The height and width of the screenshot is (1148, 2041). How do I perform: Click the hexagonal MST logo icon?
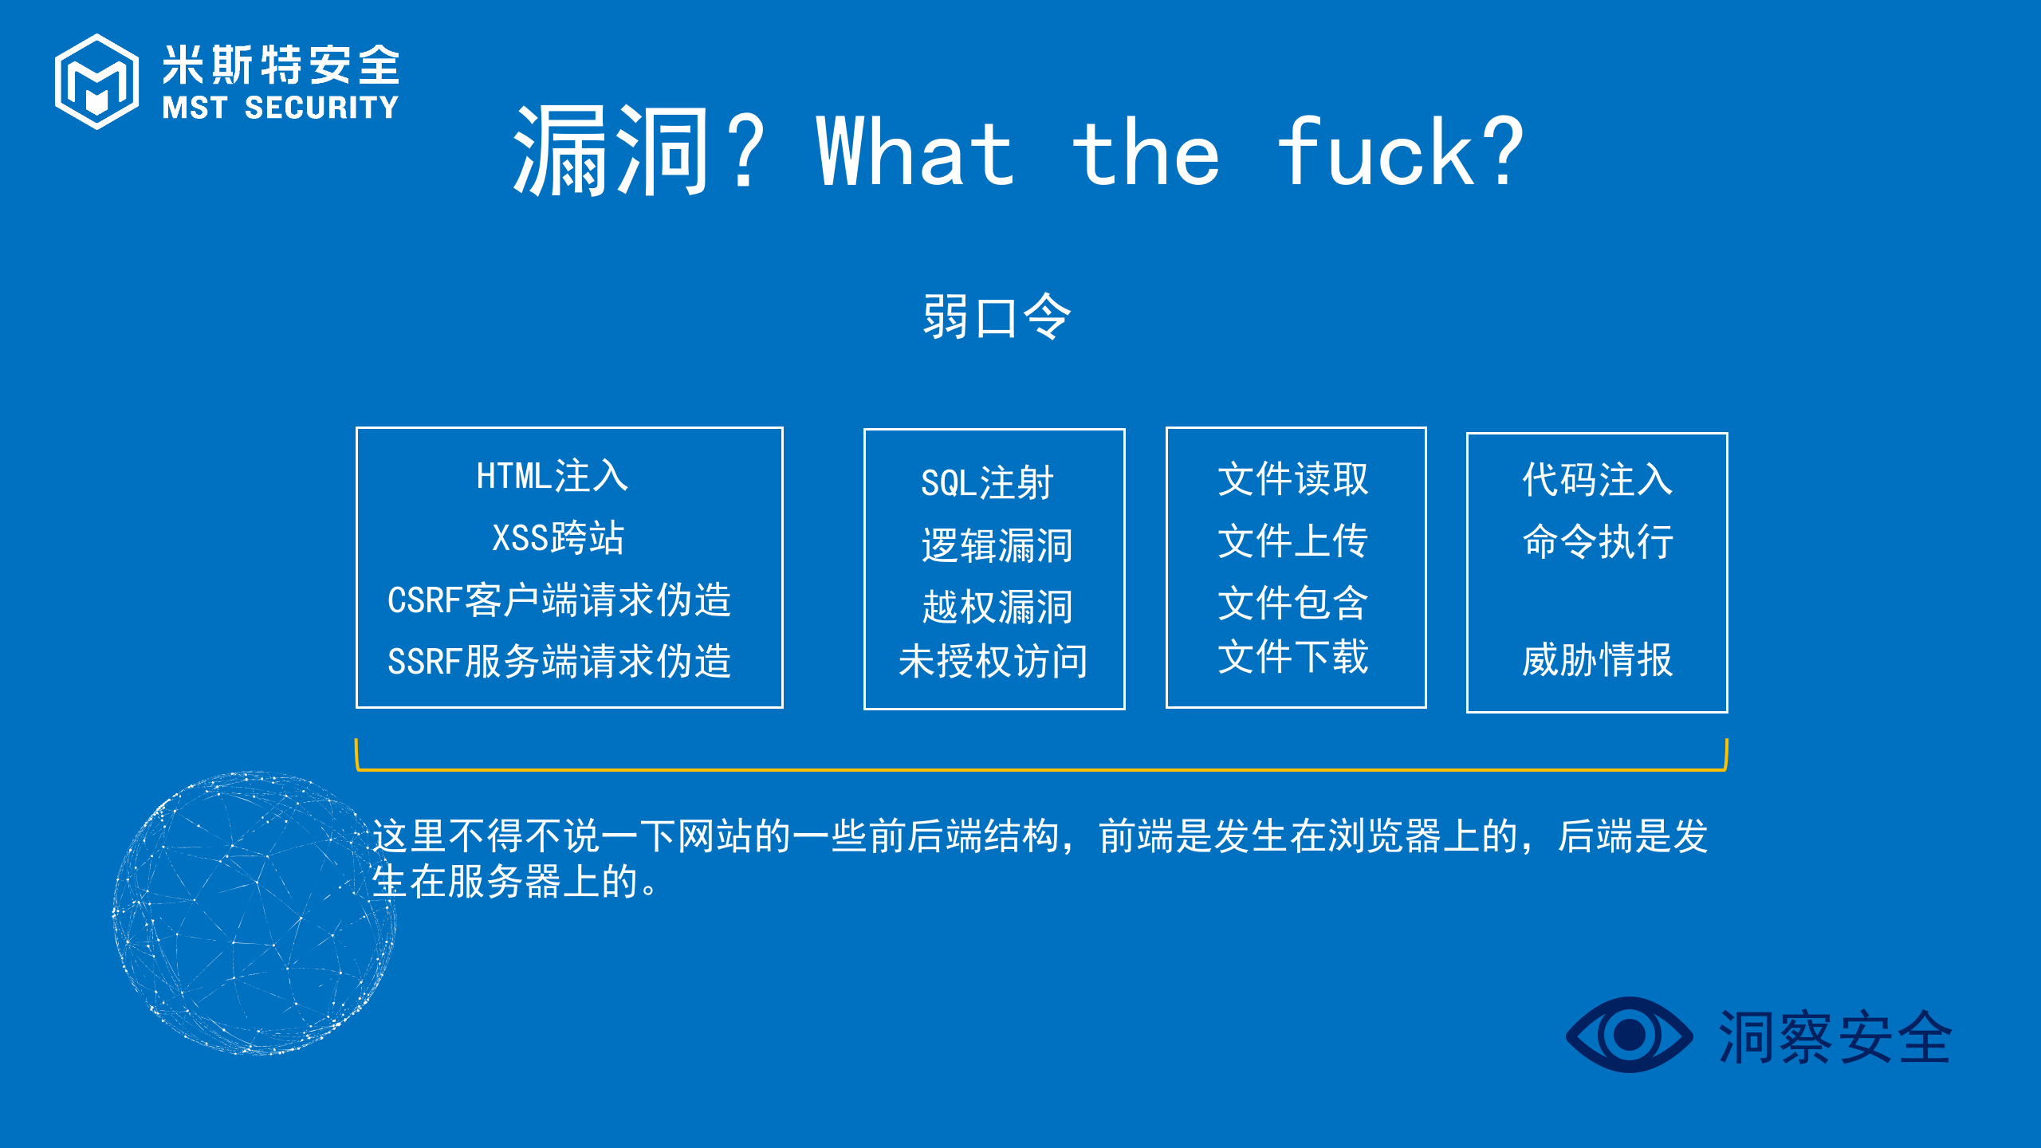tap(96, 81)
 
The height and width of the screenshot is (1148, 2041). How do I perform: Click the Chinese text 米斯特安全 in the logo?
tap(281, 65)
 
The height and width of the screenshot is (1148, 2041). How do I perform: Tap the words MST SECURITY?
tap(281, 108)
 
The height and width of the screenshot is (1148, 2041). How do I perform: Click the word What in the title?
tap(915, 151)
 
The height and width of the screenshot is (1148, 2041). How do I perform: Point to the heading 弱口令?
tap(997, 316)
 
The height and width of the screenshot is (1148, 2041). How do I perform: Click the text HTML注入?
tap(552, 476)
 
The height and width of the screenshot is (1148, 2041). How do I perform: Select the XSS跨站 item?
tap(558, 537)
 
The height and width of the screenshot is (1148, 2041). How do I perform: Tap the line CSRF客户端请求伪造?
tap(559, 600)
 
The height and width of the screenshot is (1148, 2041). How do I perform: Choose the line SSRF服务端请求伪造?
tap(559, 661)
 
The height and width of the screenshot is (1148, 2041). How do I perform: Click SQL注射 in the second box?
tap(987, 483)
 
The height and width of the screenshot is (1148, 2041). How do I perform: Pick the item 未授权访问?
tap(993, 661)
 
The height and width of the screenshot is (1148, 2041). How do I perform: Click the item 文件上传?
tap(1293, 541)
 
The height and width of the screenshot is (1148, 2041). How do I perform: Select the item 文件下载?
tap(1293, 657)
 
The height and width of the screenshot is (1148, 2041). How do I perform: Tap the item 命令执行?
tap(1598, 541)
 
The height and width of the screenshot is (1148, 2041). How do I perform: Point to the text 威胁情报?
tap(1598, 659)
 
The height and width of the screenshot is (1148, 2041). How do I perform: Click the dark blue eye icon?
tap(1629, 1035)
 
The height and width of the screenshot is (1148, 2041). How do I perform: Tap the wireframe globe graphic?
tap(254, 913)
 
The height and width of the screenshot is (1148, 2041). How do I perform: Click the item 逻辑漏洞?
tap(997, 546)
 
